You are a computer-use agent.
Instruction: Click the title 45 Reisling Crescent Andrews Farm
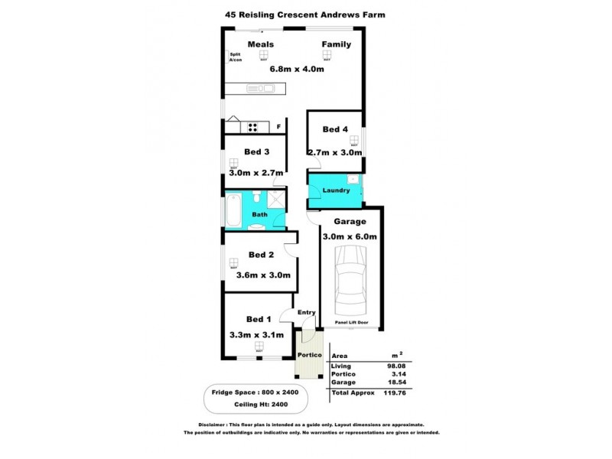point(305,14)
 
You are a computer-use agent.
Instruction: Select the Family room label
point(336,44)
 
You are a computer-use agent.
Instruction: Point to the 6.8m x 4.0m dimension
point(298,69)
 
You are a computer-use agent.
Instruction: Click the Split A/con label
point(236,58)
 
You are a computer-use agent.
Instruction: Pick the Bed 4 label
point(334,130)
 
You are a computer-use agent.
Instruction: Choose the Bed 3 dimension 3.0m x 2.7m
point(256,174)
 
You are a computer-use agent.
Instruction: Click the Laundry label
point(337,190)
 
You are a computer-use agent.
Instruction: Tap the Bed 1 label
point(259,319)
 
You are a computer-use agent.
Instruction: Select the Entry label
point(306,312)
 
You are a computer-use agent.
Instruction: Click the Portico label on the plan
point(309,355)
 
